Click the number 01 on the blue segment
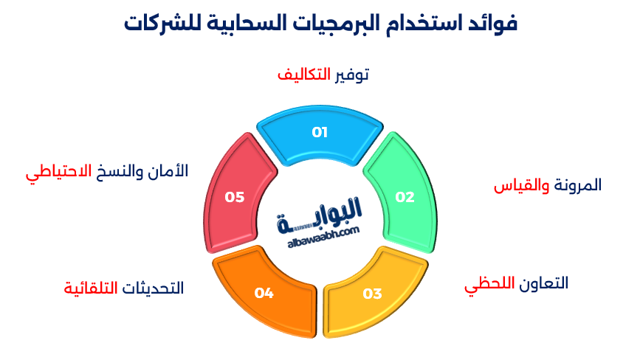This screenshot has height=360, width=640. pyautogui.click(x=319, y=133)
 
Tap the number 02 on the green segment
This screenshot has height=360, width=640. pyautogui.click(x=405, y=197)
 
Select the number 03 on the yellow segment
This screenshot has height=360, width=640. pyautogui.click(x=372, y=294)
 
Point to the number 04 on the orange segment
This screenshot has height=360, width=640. pyautogui.click(x=264, y=294)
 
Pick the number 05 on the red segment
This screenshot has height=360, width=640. pyautogui.click(x=235, y=197)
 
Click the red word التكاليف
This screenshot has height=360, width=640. pyautogui.click(x=303, y=75)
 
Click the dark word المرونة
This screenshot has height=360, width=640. pyautogui.click(x=577, y=185)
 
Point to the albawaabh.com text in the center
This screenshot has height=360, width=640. pyautogui.click(x=320, y=231)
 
